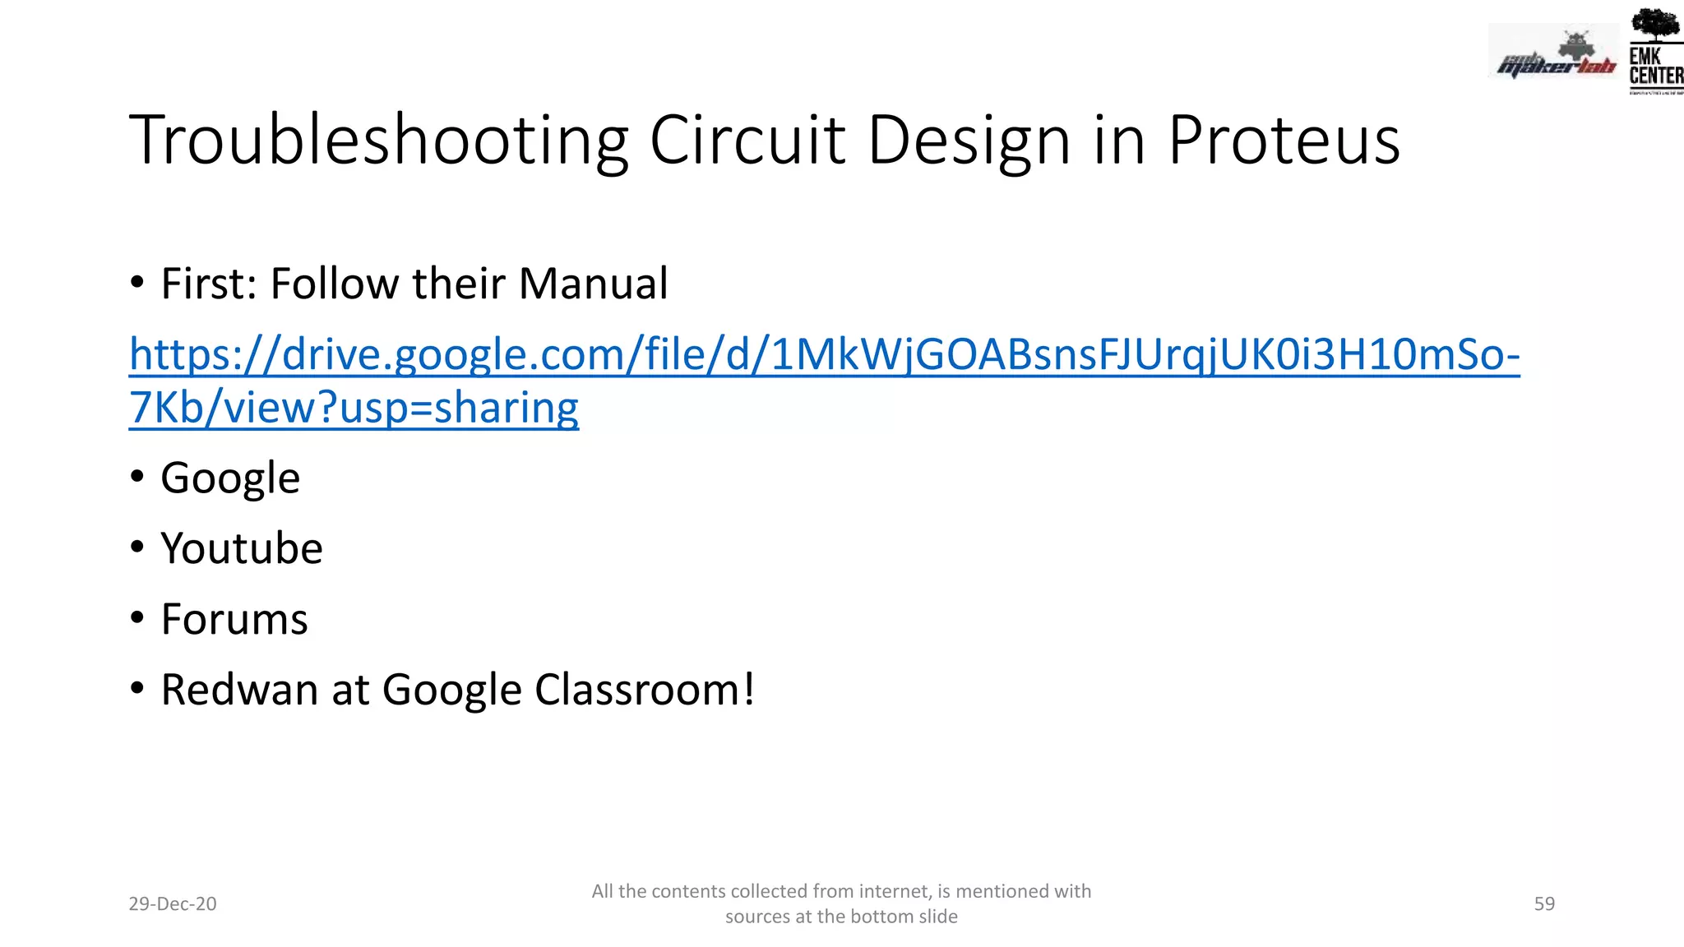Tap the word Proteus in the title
pyautogui.click(x=1284, y=141)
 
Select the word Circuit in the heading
pyautogui.click(x=747, y=141)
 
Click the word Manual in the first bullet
pyautogui.click(x=593, y=284)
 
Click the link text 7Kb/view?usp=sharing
pyautogui.click(x=354, y=408)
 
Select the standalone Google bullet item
pyautogui.click(x=230, y=478)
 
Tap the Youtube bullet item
pyautogui.click(x=242, y=548)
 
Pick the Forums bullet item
pyautogui.click(x=234, y=619)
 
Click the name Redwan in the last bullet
pyautogui.click(x=239, y=690)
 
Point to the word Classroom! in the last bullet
pyautogui.click(x=645, y=690)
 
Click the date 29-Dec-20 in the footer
pyautogui.click(x=173, y=903)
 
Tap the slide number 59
pyautogui.click(x=1544, y=903)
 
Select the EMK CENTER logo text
pyautogui.click(x=1655, y=67)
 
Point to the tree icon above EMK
pyautogui.click(x=1654, y=25)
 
